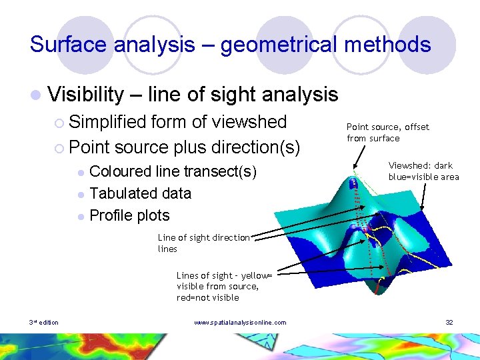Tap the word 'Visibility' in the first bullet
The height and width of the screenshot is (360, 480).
86,95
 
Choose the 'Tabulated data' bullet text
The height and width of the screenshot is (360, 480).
140,193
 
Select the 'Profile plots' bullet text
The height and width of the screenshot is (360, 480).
129,215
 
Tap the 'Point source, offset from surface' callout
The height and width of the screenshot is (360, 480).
387,132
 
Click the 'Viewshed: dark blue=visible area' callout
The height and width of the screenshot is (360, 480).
423,171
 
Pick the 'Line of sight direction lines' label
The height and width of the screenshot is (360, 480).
203,243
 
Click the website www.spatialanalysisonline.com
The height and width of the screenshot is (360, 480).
240,323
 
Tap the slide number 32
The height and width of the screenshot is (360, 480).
449,323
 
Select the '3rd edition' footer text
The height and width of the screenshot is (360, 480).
43,323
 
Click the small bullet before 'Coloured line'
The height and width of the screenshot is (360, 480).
81,172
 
